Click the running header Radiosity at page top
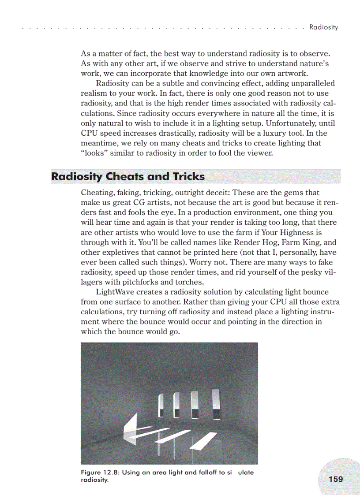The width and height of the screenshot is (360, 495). (x=323, y=27)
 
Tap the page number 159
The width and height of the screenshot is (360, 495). (x=336, y=479)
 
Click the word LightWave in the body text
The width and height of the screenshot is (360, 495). (x=114, y=292)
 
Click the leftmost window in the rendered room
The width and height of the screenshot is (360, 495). (x=161, y=406)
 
